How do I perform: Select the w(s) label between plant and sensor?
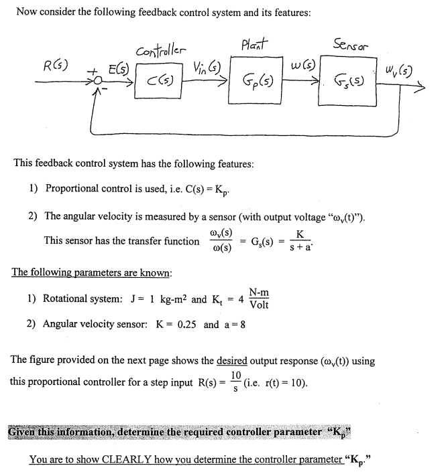coord(300,65)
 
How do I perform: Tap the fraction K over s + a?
coord(300,240)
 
